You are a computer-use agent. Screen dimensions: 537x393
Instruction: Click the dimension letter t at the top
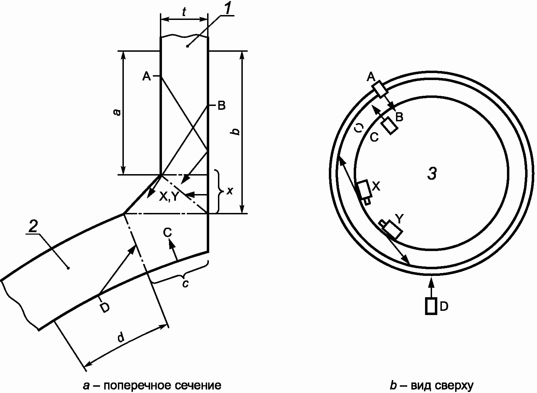[x=184, y=12]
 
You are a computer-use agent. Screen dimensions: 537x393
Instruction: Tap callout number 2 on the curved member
[x=33, y=226]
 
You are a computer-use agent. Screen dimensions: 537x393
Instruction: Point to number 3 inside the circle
[x=432, y=173]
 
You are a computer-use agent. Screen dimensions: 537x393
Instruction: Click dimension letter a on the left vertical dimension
[x=117, y=112]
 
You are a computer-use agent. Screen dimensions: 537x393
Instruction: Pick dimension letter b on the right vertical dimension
[x=236, y=131]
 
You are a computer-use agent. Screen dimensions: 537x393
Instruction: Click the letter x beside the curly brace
[x=229, y=191]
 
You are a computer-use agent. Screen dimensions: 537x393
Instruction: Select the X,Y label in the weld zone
[x=169, y=196]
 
